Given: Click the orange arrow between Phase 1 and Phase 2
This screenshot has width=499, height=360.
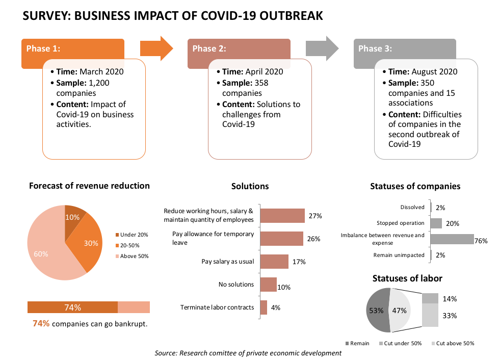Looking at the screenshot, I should (x=156, y=48).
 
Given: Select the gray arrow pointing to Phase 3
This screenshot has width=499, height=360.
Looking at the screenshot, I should (x=322, y=48).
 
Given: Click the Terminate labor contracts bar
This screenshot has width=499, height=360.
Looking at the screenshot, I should (x=264, y=307).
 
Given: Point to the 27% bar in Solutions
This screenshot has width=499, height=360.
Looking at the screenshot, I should (x=282, y=216).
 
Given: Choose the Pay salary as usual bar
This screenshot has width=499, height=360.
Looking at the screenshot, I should (x=274, y=262).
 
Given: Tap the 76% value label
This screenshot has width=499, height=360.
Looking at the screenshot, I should (x=481, y=241).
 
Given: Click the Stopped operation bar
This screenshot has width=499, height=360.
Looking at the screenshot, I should (x=436, y=223).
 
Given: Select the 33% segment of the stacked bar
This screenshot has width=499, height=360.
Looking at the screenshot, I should (x=430, y=315).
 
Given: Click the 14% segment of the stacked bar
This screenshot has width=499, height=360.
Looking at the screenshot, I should (x=430, y=298).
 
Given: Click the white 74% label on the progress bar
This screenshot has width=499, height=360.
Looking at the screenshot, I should (x=72, y=307).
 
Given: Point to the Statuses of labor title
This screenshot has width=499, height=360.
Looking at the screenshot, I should (x=407, y=278).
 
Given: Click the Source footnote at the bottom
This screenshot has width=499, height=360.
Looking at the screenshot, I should (x=248, y=353).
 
